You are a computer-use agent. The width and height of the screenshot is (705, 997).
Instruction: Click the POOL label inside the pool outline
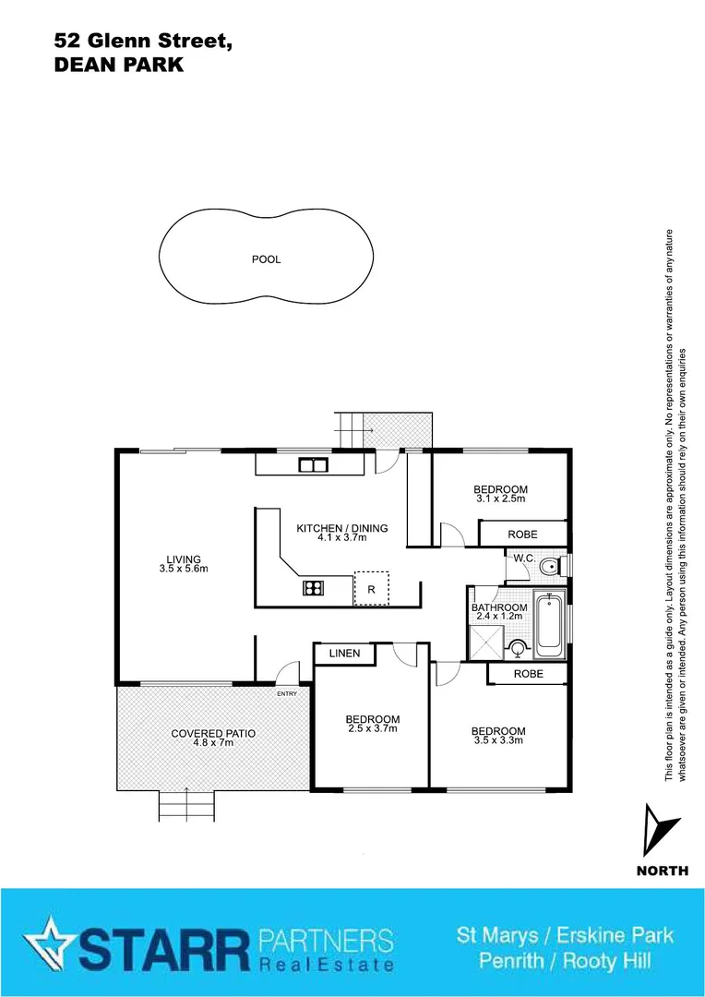pos(266,259)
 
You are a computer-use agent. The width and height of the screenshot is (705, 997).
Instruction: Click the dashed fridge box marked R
pos(371,588)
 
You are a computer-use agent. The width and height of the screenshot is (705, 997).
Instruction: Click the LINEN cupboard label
pos(344,654)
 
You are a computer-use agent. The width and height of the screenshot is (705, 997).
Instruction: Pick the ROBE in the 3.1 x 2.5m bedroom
pos(522,535)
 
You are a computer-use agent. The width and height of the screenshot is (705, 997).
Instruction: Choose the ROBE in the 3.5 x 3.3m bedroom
pos(528,675)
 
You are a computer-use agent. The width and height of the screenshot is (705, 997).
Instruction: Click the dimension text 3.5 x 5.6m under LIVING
pos(183,569)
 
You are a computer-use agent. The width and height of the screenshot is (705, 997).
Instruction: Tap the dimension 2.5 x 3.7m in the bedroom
pos(372,729)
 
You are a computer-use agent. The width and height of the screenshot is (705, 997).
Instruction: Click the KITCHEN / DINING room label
pos(341,528)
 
